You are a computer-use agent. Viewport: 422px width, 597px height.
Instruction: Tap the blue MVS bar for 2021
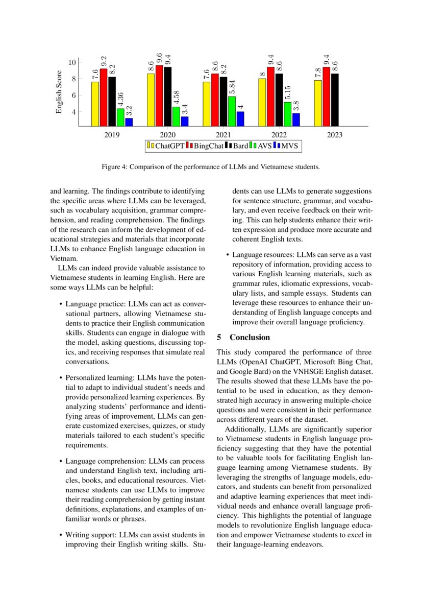(x=240, y=118)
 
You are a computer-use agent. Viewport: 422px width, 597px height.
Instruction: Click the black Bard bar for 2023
(x=335, y=100)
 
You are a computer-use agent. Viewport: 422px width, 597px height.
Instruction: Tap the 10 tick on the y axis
(x=72, y=62)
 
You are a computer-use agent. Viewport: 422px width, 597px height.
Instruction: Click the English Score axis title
(x=59, y=92)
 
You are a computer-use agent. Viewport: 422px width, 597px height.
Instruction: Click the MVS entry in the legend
(x=289, y=146)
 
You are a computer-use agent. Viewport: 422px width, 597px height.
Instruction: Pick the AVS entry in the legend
(x=264, y=146)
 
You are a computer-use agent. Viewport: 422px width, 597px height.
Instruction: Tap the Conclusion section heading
(x=250, y=338)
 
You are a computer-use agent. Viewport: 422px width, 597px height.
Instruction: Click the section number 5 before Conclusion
(x=219, y=338)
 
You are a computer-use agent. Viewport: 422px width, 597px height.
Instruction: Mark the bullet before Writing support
(x=61, y=535)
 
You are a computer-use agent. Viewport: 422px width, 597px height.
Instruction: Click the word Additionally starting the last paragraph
(x=245, y=429)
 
